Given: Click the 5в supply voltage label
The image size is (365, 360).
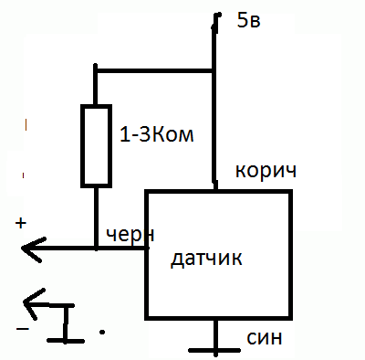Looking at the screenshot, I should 247,21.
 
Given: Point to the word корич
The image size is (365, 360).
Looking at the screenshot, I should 266,171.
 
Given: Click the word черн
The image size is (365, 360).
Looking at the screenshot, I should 128,234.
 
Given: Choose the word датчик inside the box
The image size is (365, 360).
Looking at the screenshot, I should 207,259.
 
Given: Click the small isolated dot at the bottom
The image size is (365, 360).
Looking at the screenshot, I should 102,331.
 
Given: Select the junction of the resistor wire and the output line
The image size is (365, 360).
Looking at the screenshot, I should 97,248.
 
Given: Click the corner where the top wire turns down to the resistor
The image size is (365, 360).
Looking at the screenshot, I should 97,69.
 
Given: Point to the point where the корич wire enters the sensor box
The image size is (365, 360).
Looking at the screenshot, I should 216,190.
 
